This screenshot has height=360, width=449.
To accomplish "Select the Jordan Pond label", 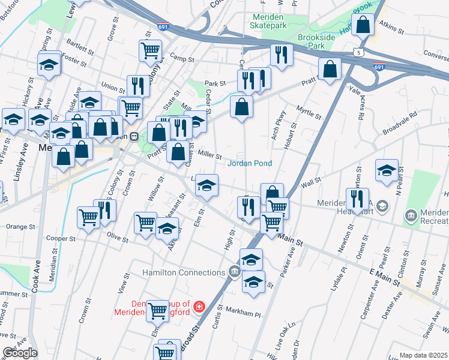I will click(249, 163).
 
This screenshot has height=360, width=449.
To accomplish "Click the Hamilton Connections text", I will click(183, 273).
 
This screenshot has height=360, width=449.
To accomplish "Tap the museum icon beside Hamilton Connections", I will click(234, 273).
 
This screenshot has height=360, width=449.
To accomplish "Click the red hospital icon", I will click(199, 308).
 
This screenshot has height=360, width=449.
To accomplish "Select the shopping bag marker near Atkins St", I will click(363, 26).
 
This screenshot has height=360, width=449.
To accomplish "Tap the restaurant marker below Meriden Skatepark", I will click(280, 56).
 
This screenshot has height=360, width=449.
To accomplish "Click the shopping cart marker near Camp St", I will click(151, 51).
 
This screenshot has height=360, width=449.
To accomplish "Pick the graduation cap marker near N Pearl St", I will click(387, 170).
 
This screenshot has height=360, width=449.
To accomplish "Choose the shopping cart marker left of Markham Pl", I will click(157, 311).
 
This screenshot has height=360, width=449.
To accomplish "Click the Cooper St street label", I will click(61, 238).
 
